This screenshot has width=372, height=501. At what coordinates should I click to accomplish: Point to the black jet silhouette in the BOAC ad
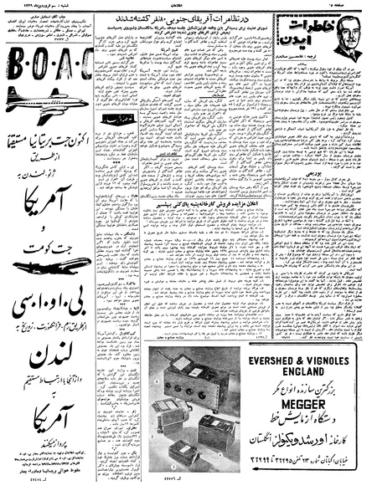(x=52, y=264)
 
